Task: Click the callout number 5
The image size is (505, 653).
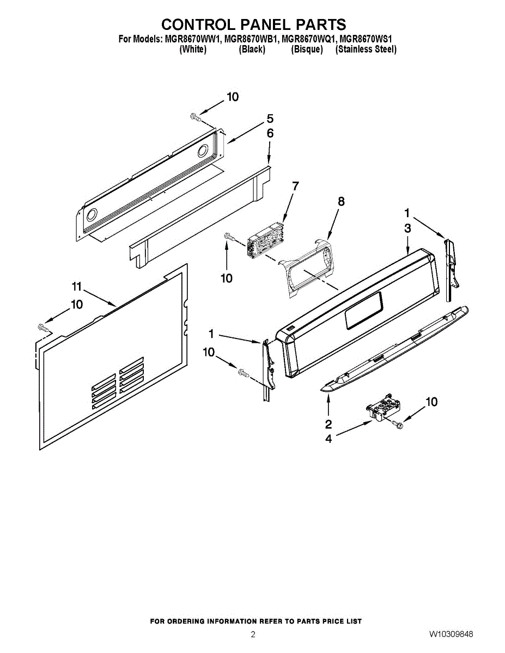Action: pos(270,119)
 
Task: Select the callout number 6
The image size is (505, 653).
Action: pos(270,133)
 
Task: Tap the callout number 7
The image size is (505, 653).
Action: pos(295,186)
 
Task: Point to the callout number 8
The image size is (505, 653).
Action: pos(341,201)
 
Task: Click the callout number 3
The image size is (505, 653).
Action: pos(407,229)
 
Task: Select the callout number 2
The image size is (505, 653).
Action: pos(328,424)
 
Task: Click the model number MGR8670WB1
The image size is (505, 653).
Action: pos(251,39)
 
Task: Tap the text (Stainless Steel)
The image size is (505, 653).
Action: pos(366,49)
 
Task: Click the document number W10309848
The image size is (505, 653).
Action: pos(451,634)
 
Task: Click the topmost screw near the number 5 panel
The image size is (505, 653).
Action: pos(195,116)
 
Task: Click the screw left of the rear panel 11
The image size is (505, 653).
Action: pos(44,328)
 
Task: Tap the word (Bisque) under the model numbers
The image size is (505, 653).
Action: pos(307,49)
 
